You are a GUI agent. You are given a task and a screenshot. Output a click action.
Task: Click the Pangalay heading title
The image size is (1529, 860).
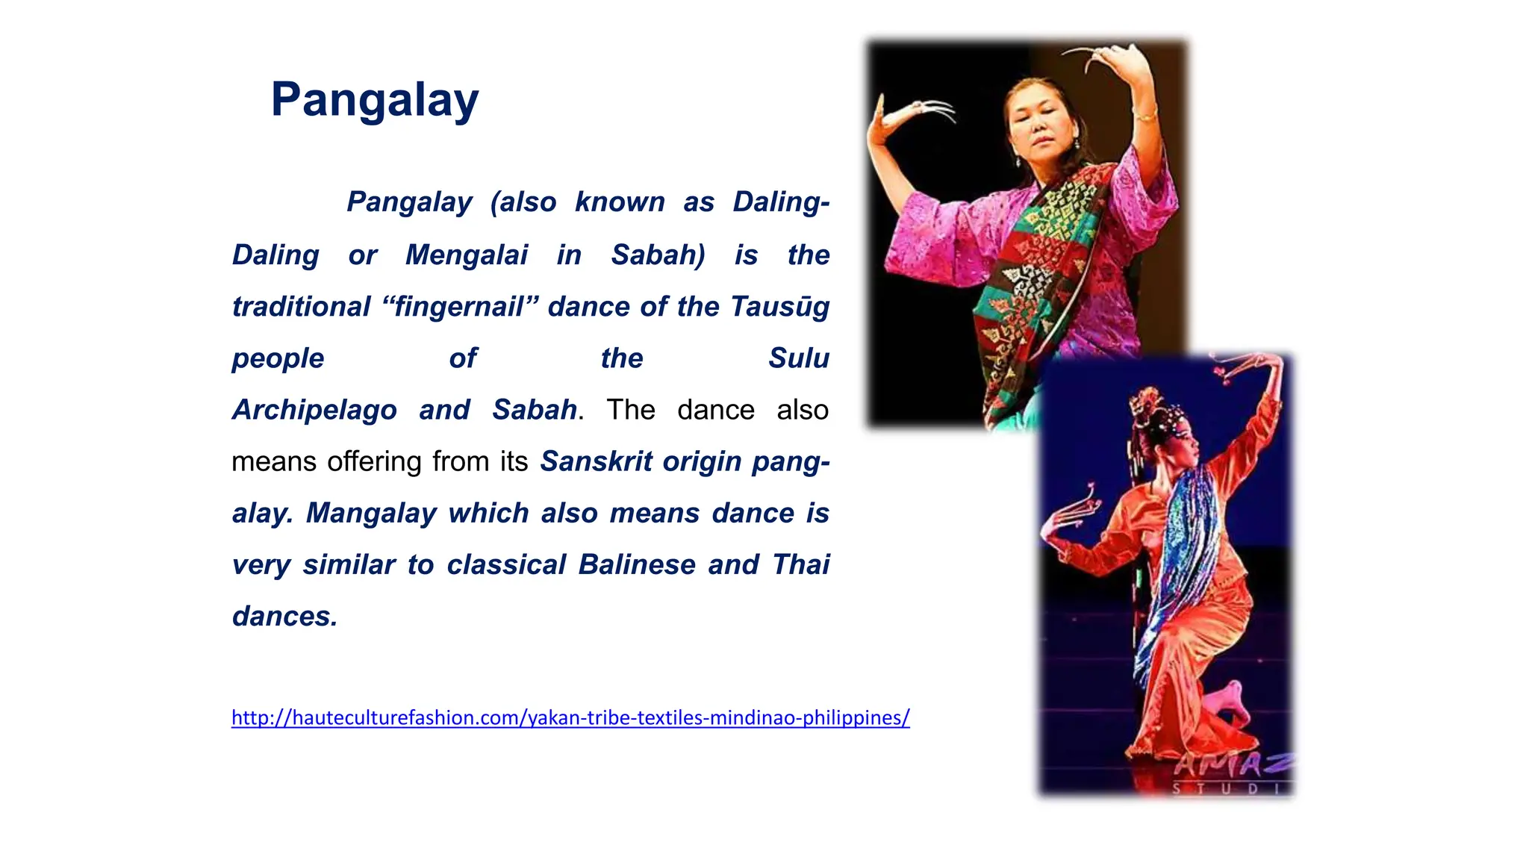pos(375,100)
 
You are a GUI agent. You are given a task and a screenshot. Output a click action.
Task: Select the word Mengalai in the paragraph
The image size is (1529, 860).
pos(467,255)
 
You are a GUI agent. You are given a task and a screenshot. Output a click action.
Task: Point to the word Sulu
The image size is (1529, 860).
pos(798,358)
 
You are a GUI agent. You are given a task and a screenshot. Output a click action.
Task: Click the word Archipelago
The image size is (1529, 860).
pos(314,411)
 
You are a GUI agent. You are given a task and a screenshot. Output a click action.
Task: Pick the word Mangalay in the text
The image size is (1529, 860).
pos(371,514)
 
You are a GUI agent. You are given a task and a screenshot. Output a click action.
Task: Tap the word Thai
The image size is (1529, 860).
pos(800,565)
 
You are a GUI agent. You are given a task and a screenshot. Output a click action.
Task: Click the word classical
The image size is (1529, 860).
pos(506,565)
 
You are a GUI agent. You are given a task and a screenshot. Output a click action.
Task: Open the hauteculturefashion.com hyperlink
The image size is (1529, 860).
pos(570,718)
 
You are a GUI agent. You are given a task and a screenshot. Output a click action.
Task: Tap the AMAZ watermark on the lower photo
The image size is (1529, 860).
pos(1232,764)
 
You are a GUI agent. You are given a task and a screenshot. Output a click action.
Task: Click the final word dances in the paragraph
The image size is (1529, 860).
pos(284,617)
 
